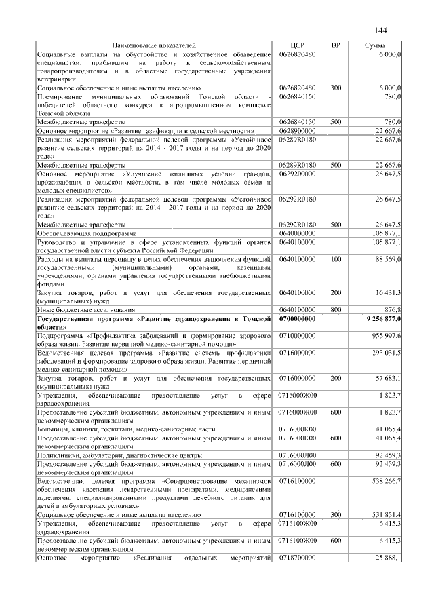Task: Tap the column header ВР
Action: tap(335, 45)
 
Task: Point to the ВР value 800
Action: tap(335, 309)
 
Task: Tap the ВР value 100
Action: tap(335, 258)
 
